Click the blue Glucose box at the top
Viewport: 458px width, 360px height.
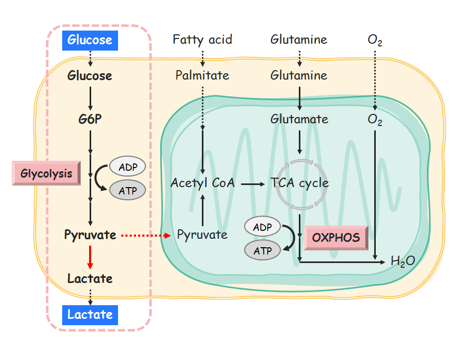pos(90,40)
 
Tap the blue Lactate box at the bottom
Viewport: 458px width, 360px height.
pos(90,315)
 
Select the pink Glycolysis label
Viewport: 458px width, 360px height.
pos(46,173)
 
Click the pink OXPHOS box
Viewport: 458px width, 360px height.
pos(336,237)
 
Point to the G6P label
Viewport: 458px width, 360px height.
pos(90,119)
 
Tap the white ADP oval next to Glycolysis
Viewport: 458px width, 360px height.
pos(128,167)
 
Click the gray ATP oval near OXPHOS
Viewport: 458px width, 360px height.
pos(262,251)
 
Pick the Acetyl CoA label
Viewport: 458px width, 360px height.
pos(202,183)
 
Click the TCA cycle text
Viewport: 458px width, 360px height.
pos(300,183)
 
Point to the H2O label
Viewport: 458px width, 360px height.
pos(403,260)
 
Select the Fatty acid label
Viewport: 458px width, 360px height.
pos(202,40)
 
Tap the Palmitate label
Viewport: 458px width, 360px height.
pos(202,75)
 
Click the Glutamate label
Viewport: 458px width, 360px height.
pos(299,119)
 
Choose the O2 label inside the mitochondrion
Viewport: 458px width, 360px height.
pos(375,120)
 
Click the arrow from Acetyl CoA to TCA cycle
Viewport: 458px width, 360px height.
pos(252,183)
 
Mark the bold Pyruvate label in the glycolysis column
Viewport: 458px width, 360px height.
pos(90,235)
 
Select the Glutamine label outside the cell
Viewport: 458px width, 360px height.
pos(299,40)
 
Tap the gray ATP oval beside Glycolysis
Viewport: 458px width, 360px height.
pos(128,190)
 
